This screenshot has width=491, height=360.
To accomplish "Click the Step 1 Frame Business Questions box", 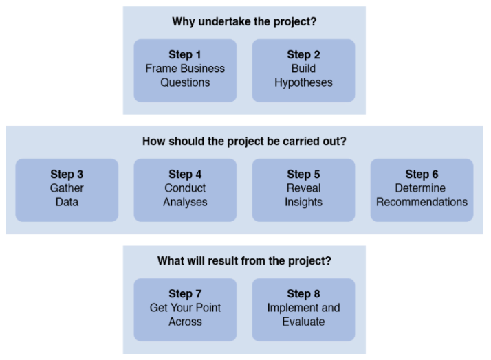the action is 185,70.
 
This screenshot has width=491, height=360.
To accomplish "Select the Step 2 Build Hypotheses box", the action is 303,70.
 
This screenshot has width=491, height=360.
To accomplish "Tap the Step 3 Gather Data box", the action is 67,190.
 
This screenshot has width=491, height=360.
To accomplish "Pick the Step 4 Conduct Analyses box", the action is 185,190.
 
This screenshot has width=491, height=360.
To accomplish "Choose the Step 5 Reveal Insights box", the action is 303,190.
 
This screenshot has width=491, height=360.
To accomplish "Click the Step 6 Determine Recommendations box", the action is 422,190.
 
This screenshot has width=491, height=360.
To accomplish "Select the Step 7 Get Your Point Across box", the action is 185,310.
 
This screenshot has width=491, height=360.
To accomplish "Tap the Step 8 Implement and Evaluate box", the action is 303,310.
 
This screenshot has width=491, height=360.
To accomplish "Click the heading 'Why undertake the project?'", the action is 244,22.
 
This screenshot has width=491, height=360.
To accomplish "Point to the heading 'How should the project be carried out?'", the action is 244,142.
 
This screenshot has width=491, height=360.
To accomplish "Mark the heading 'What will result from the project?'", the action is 244,261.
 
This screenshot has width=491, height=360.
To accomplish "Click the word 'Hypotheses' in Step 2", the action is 303,83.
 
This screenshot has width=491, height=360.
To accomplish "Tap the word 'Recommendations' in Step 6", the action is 422,202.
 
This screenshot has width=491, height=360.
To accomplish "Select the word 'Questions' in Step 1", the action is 185,82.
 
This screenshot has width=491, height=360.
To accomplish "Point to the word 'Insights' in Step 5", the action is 303,203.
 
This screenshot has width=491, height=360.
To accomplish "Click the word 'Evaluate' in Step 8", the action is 303,322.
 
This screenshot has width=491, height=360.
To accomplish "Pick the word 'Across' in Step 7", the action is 185,322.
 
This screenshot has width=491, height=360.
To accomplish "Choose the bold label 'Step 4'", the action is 185,175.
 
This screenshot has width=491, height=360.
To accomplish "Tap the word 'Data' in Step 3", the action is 67,202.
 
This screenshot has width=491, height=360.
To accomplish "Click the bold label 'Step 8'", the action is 303,294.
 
